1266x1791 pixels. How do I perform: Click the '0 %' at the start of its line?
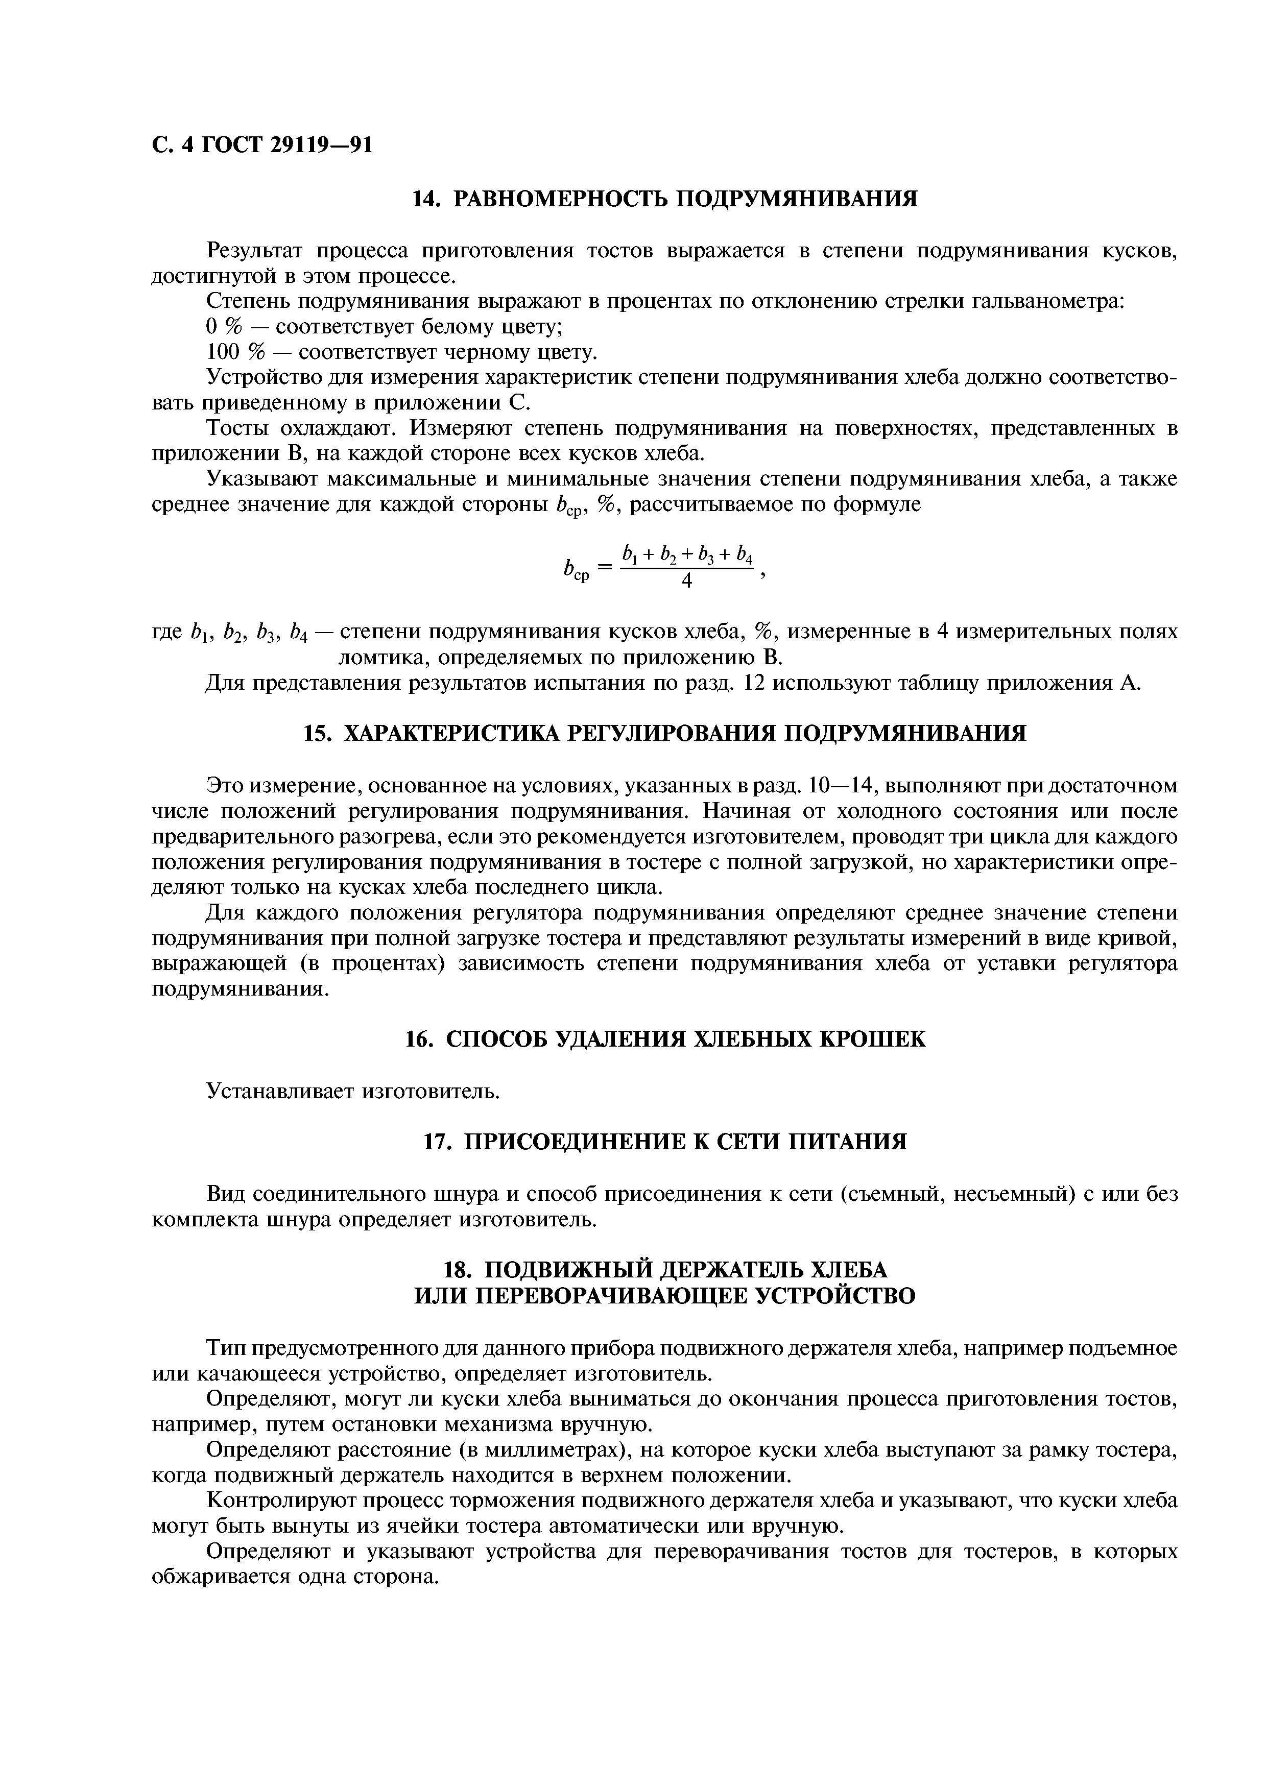tap(222, 328)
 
